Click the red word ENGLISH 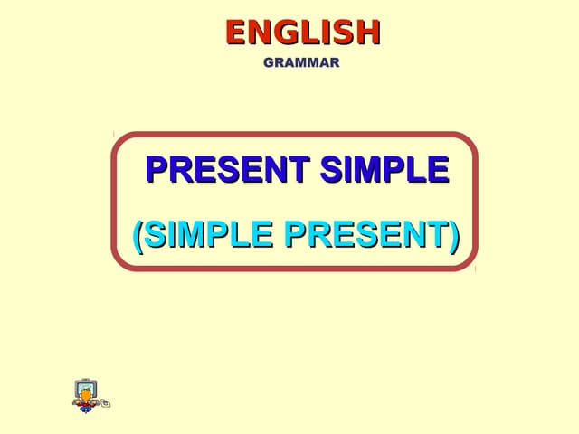[302, 33]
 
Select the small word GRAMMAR [301, 63]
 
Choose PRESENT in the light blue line [365, 235]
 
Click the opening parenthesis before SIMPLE [138, 235]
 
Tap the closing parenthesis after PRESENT [453, 235]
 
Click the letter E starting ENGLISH [236, 33]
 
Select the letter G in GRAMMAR [268, 63]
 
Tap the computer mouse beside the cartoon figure [106, 403]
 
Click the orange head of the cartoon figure [86, 393]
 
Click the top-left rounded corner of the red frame [119, 141]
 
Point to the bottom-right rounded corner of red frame [469, 262]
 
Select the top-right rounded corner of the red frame [469, 141]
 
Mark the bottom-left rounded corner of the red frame [119, 262]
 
